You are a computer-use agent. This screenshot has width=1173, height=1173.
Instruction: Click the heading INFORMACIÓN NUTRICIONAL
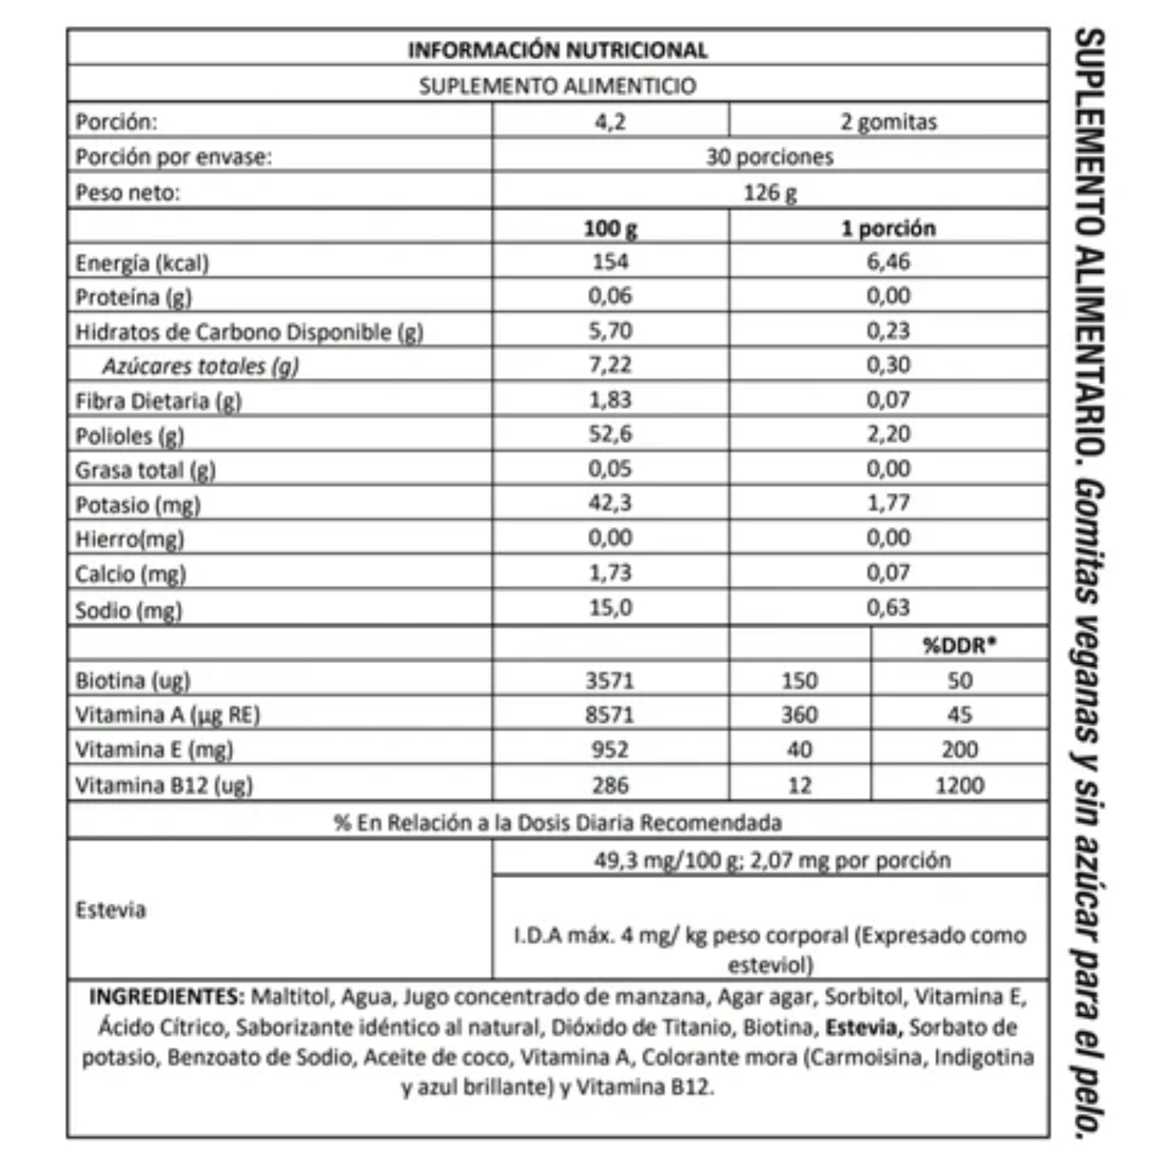(558, 50)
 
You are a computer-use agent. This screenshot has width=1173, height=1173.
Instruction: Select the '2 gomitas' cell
(888, 122)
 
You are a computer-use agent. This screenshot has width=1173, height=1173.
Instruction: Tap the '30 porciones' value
(769, 156)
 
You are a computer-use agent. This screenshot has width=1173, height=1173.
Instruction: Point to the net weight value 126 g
(769, 192)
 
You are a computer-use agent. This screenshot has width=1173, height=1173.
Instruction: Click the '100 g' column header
(610, 228)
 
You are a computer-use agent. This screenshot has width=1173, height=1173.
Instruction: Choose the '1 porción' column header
(888, 228)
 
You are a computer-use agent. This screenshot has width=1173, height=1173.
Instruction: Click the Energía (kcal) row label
(142, 263)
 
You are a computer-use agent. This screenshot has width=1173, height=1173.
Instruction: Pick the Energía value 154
(610, 261)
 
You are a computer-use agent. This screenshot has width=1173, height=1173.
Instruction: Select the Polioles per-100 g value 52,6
(610, 434)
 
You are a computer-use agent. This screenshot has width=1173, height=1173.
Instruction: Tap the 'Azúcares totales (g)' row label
(200, 366)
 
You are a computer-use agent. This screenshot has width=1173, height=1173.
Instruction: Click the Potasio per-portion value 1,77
(888, 503)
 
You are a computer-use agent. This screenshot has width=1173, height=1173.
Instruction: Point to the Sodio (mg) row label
(128, 610)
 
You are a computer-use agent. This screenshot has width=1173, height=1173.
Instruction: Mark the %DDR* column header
(960, 645)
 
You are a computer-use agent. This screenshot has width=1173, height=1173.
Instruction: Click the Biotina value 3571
(610, 680)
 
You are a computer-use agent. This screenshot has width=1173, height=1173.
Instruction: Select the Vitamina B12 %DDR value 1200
(960, 784)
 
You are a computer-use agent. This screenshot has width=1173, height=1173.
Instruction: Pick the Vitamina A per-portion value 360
(799, 715)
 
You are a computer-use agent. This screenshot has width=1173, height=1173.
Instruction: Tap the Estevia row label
(110, 909)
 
